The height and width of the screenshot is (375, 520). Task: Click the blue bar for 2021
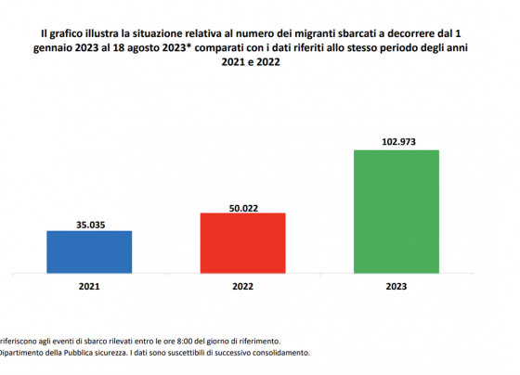89,252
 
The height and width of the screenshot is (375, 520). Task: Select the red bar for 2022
242,243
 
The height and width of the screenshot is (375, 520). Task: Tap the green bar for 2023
396,212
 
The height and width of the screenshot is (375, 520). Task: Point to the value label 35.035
91,225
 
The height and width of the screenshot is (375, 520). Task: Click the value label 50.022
243,208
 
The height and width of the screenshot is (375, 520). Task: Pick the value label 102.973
398,142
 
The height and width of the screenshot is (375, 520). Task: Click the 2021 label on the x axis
89,286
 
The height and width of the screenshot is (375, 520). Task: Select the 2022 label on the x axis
242,286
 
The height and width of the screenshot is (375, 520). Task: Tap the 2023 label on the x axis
396,286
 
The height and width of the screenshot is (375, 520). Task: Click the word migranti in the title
315,33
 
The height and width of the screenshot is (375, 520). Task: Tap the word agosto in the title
143,48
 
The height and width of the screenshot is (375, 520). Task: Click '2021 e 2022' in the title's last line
251,62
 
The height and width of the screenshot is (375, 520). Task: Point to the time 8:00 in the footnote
185,341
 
